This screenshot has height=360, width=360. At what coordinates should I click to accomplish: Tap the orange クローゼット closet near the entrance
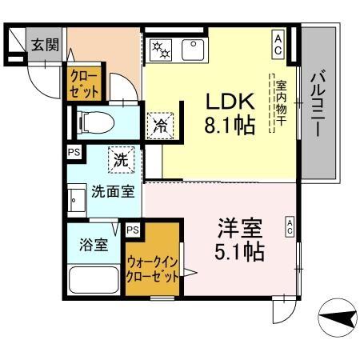(x=84, y=83)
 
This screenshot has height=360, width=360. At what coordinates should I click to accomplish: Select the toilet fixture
(x=96, y=122)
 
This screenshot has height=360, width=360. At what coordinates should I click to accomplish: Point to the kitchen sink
(x=193, y=49)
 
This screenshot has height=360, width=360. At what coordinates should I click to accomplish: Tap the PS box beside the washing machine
(x=73, y=151)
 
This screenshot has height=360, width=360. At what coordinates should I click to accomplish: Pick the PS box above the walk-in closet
(x=132, y=230)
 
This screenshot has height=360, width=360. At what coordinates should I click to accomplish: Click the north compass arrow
(x=336, y=319)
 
